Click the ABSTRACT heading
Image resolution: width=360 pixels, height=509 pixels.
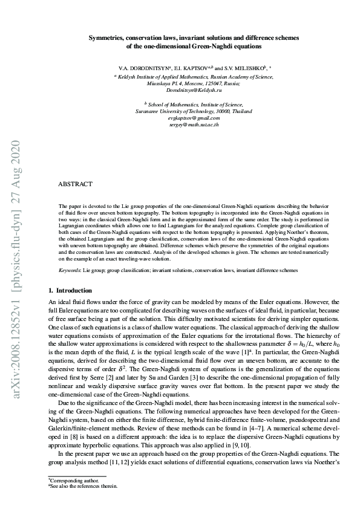(x=75, y=183)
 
